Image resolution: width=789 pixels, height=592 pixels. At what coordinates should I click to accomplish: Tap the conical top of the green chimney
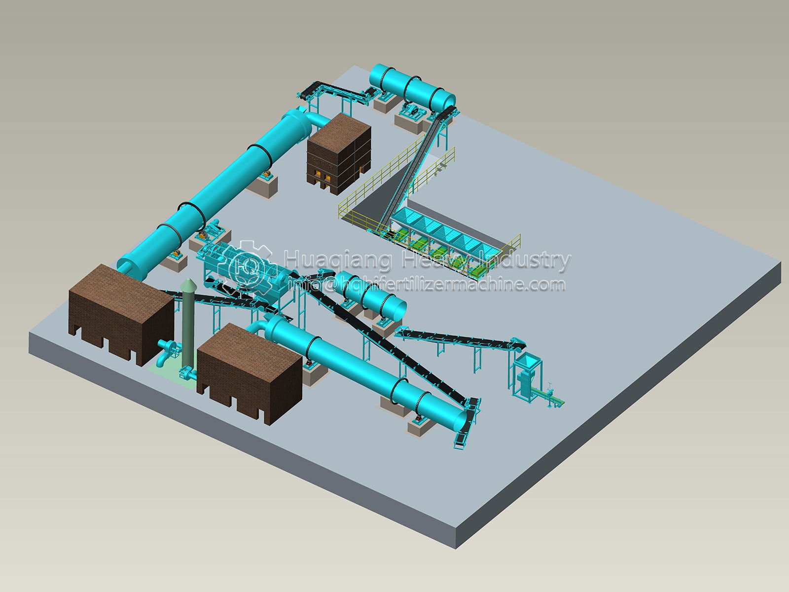[x=189, y=284]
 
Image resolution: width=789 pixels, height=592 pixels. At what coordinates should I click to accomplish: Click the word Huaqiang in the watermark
[x=338, y=260]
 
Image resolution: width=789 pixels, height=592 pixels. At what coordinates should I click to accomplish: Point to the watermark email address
[x=426, y=284]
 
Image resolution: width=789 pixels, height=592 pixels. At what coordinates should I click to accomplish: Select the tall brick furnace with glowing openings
[x=339, y=154]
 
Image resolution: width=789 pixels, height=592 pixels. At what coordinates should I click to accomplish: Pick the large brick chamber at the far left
[x=121, y=315]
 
